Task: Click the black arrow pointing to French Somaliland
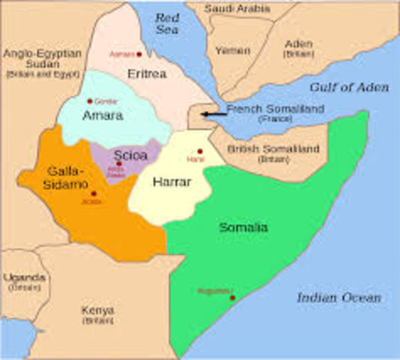215,113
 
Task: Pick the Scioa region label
130,157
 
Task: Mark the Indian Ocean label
338,298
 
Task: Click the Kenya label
98,310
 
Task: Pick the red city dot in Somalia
233,298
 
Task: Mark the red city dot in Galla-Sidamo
93,193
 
